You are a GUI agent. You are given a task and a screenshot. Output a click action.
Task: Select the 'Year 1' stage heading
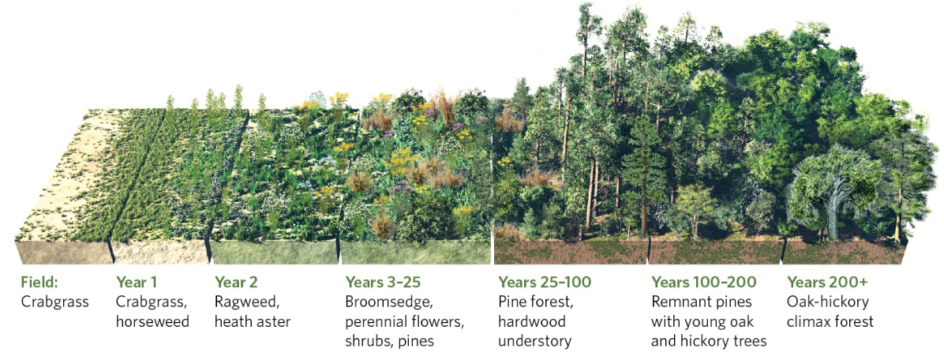137,282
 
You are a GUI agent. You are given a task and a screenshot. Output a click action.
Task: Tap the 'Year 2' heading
236,282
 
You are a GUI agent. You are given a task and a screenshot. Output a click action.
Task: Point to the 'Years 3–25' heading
382,282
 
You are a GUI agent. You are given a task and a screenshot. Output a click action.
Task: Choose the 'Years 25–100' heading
544,282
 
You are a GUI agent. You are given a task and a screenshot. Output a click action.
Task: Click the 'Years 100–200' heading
703,282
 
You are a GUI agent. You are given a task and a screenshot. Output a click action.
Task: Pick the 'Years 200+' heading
825,282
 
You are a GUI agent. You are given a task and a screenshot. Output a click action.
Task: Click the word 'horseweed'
152,321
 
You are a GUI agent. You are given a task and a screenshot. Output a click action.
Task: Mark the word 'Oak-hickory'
823,302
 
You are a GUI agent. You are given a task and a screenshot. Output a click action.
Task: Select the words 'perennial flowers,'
404,321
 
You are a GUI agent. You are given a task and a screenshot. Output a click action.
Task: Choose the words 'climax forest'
830,321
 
